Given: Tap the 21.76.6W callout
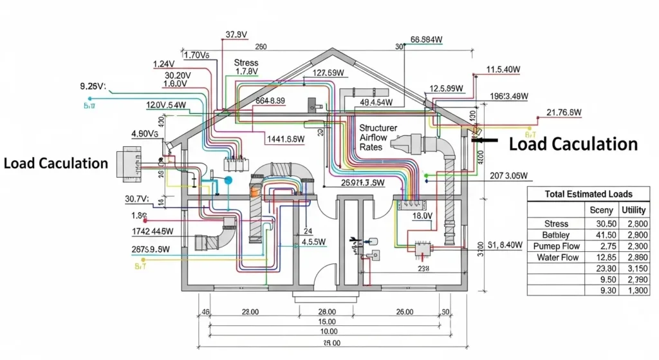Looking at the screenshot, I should [x=564, y=113].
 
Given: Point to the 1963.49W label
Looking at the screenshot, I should [x=508, y=97].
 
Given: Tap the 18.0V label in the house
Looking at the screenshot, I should [x=422, y=217].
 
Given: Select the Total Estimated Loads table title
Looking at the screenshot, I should [x=588, y=194].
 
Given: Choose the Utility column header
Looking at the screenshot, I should [x=633, y=210].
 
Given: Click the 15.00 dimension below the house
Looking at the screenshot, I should [x=327, y=321].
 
